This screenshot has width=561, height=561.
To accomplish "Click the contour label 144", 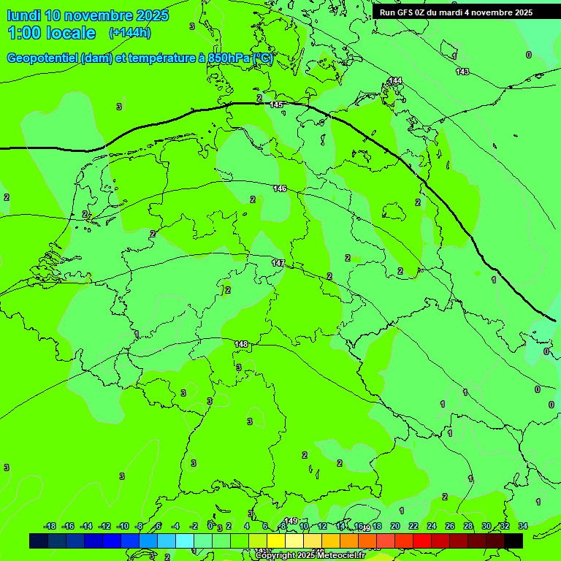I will coord(395,80).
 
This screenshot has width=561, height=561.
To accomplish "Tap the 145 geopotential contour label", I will coord(276,105).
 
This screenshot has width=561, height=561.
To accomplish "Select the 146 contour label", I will coord(280,188).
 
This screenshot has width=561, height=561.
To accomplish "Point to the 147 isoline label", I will coord(278,263).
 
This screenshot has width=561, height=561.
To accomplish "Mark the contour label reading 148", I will coord(242,344).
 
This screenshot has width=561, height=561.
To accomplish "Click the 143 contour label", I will coord(462,72).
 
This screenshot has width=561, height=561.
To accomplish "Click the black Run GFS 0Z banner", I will coord(456,12).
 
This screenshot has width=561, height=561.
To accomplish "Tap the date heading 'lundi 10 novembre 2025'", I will coord(88,15).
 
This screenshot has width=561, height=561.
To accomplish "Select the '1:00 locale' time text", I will coord(52,33).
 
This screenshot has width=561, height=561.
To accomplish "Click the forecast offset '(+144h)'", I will coord(129,33).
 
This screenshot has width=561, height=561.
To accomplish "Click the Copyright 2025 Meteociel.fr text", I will coord(310,555).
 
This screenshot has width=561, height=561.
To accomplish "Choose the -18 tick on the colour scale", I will coord(50,526).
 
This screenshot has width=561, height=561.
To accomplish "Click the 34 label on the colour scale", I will coord(522,526).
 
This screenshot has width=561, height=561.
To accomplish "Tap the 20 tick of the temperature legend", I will coord(395,526).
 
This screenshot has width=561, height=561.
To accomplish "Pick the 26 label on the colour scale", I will coord(449,526).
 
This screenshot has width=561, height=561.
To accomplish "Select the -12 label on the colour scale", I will coord(104,526).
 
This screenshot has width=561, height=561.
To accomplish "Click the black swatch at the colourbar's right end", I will coord(514,541).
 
